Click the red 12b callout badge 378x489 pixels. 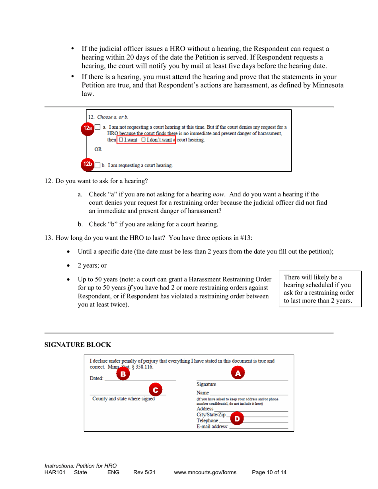click(x=88, y=164)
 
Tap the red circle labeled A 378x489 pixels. click(x=238, y=373)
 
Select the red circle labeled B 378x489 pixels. click(x=123, y=374)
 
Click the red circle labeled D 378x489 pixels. click(x=237, y=418)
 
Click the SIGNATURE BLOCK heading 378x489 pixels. click(x=78, y=344)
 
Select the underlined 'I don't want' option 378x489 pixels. click(x=158, y=140)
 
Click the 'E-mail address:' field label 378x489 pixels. click(x=212, y=427)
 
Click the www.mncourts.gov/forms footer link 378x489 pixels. click(x=205, y=473)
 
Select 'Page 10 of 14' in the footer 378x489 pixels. click(x=269, y=473)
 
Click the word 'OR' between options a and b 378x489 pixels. click(x=98, y=150)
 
